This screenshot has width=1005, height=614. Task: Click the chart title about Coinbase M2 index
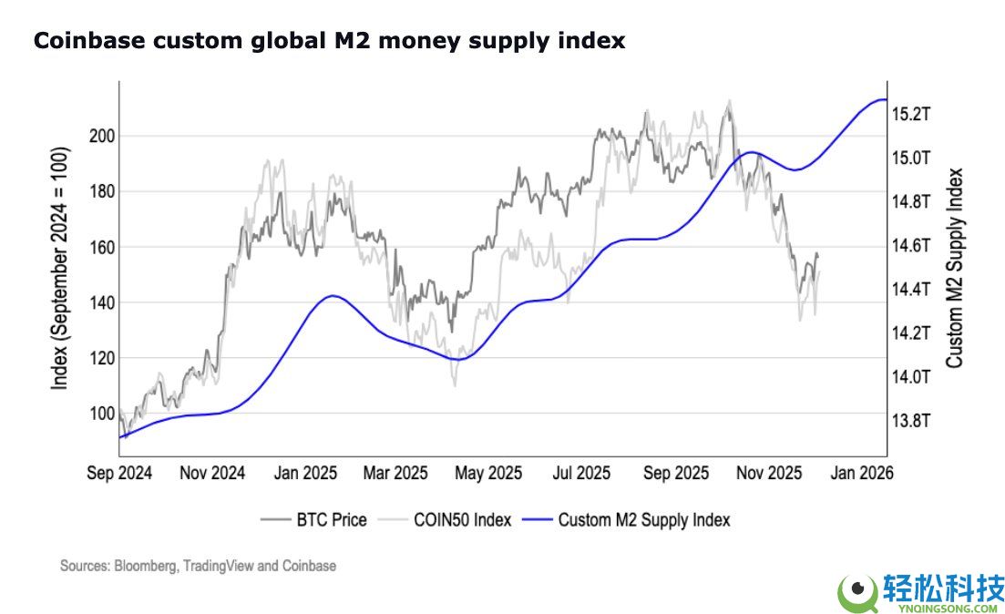coord(329,41)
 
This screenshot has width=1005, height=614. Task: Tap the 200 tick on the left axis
coord(100,136)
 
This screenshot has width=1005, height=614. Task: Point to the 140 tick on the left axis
coord(100,302)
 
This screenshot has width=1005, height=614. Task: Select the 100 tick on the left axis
coord(100,414)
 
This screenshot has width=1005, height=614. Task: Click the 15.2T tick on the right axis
coord(910,115)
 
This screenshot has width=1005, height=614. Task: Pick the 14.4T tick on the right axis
coord(910,290)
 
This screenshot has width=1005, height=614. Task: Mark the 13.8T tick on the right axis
coord(910,421)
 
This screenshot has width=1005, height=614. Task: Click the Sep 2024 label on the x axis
coord(120,474)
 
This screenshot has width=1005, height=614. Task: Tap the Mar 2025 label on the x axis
coord(395,474)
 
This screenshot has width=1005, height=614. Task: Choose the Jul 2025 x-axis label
coord(582,474)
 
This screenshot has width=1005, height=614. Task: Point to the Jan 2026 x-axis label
coord(861,474)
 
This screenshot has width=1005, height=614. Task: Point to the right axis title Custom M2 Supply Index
coord(954,268)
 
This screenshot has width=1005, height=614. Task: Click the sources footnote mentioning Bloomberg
coord(198,566)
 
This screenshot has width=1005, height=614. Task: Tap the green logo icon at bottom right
coord(856,592)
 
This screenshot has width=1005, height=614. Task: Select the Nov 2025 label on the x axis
coord(768,474)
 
